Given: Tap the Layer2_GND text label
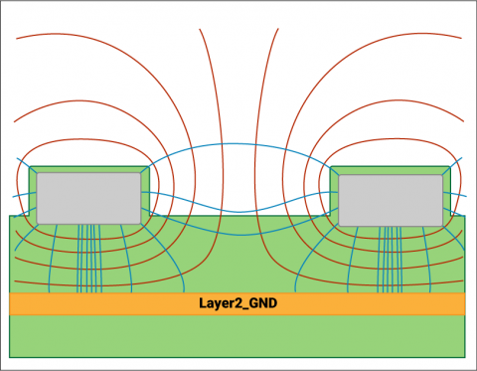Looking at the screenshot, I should tap(238, 303).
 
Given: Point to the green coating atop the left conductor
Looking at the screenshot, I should tap(88, 170).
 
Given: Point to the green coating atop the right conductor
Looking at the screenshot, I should tap(391, 170).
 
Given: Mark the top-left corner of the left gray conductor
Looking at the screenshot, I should tap(38, 176).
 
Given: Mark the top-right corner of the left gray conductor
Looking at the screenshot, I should tap(140, 176).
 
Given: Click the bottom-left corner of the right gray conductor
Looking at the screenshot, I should tap(340, 223).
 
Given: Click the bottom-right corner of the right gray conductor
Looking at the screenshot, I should tap(442, 223).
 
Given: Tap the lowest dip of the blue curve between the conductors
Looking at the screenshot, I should tap(238, 211).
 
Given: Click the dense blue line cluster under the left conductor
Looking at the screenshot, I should tap(87, 259).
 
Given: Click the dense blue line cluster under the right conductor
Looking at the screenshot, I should tap(391, 259).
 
